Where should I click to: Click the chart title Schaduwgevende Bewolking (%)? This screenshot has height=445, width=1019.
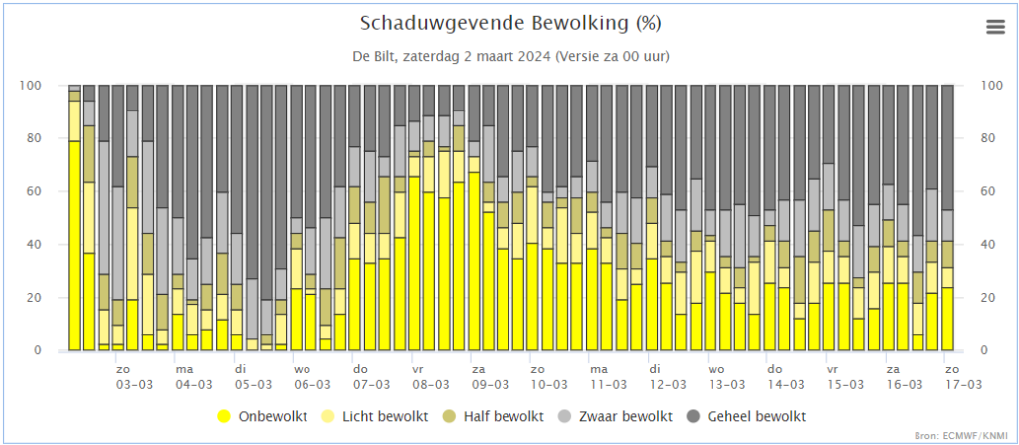coord(510,24)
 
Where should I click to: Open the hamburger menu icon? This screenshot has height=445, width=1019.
coord(995,27)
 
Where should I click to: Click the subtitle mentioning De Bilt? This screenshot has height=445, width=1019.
coord(510,56)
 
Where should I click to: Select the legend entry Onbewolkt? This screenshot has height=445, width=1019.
coord(263,416)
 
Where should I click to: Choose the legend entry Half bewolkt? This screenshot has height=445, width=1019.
coord(494,416)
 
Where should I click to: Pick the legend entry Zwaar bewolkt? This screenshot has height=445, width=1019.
coord(616,416)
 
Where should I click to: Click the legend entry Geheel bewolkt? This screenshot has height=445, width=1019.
coord(747,416)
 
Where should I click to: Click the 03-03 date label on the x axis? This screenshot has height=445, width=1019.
coord(134,384)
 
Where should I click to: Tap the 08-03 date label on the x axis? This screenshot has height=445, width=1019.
coord(430,384)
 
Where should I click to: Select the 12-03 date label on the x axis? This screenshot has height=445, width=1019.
coord(668,384)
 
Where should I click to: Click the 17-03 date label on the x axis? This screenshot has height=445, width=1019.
coord(963,384)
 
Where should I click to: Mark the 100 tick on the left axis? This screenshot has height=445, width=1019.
coord(50,86)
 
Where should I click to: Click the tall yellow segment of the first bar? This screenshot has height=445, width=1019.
coord(74,246)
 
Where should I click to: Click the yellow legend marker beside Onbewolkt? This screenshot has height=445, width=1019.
coord(225,416)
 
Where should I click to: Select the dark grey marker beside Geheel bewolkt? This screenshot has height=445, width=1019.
coord(695,416)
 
